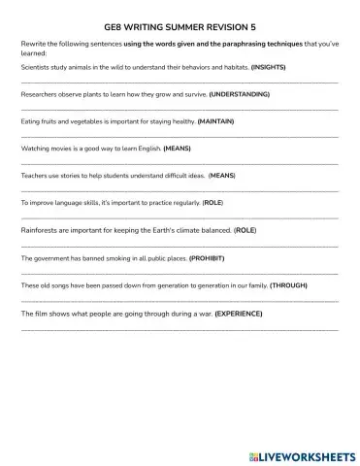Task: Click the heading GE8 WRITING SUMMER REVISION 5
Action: [180, 30]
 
